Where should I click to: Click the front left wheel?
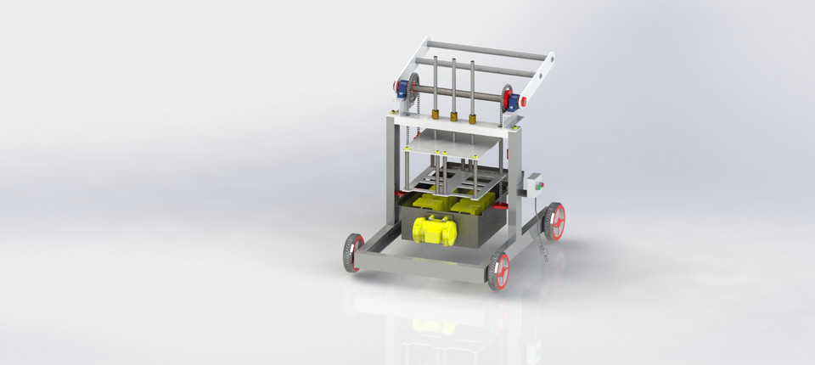coord(353,254)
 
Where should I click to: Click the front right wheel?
coord(499,271)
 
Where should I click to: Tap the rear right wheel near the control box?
coord(555,221)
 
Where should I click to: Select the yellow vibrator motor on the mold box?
coord(435,229)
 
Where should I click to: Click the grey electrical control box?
coord(536,185)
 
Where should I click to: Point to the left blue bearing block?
coord(400,89)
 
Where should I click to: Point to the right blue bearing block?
coord(513,98)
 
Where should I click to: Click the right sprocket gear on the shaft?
coord(505,98)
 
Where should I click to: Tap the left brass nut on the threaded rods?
coord(435,114)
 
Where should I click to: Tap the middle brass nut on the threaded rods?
coord(453,116)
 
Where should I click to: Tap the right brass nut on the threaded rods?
coord(472,119)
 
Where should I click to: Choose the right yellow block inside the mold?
coord(472,206)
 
